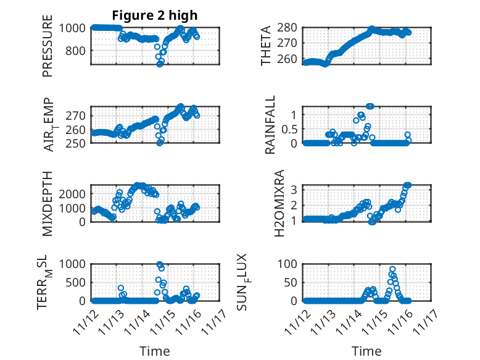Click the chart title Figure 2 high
(x=154, y=15)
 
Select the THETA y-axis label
(x=266, y=45)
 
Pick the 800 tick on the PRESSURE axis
(x=80, y=51)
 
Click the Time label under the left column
(x=155, y=351)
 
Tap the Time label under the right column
(x=366, y=351)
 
